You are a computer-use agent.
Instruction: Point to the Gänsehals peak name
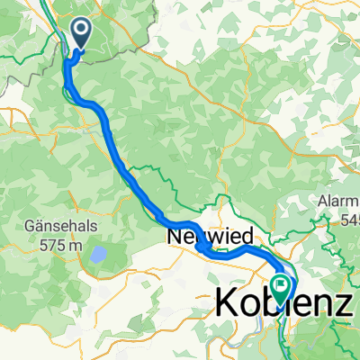click(x=56, y=223)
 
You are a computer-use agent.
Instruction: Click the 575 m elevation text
click(x=56, y=240)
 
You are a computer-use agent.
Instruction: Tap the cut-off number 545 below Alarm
click(x=350, y=219)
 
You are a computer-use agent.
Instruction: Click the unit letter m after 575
click(x=73, y=240)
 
